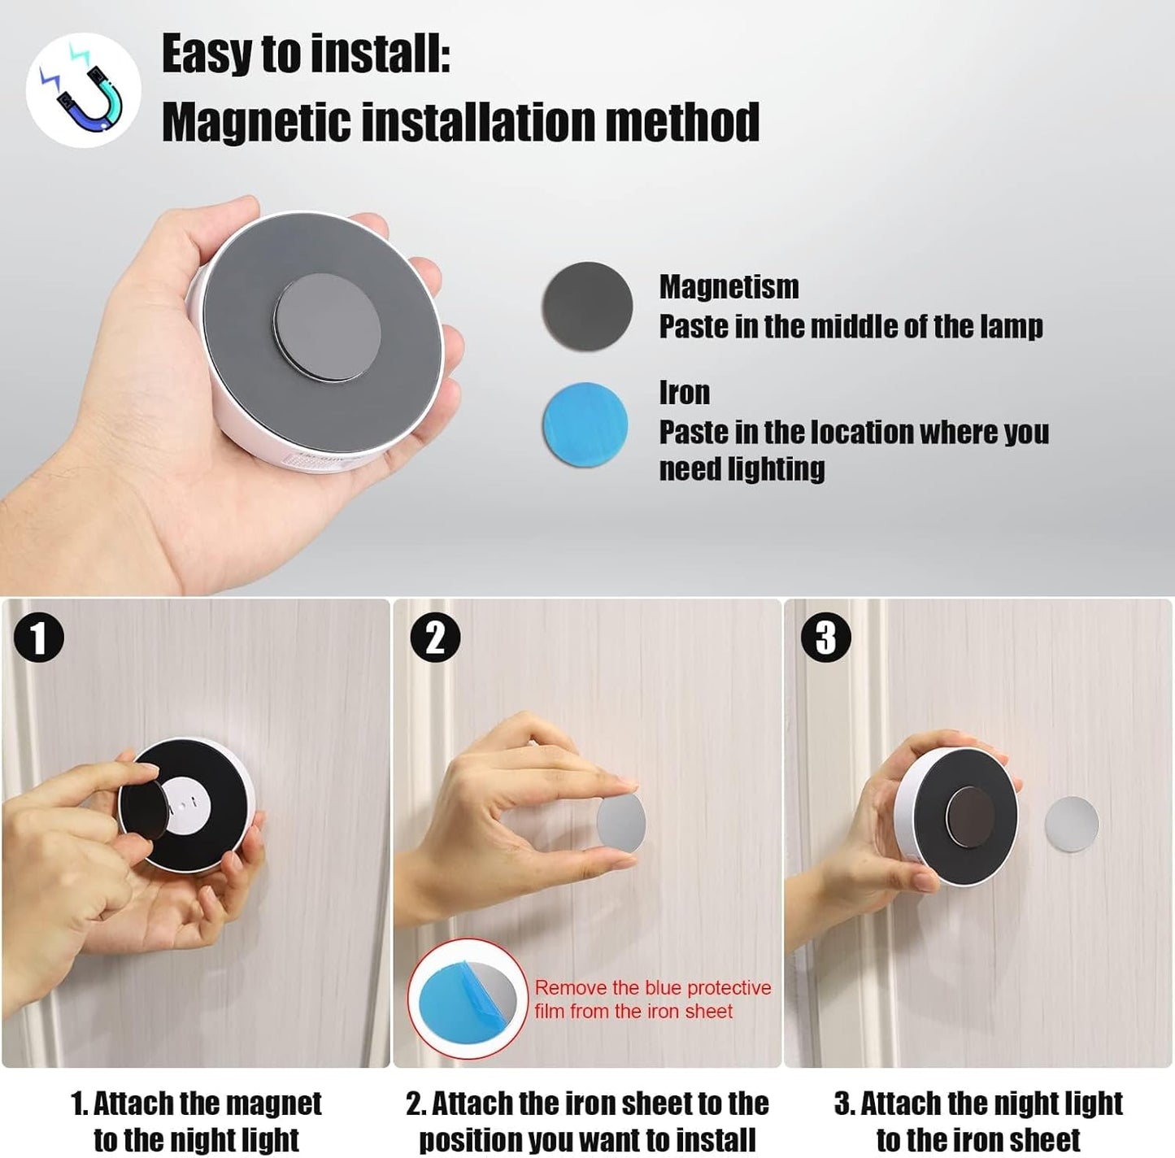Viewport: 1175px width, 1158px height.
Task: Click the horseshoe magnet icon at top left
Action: [83, 90]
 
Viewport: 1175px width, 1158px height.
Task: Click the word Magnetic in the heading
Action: [256, 123]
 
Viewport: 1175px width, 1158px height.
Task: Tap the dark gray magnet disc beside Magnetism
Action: [586, 307]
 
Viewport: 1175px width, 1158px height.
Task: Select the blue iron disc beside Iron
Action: [585, 424]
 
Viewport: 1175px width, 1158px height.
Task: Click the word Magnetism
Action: [729, 287]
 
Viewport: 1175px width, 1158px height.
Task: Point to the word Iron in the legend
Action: [684, 393]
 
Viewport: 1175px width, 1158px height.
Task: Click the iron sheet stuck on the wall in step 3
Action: [1071, 824]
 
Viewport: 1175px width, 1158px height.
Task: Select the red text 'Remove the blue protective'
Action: [652, 988]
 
